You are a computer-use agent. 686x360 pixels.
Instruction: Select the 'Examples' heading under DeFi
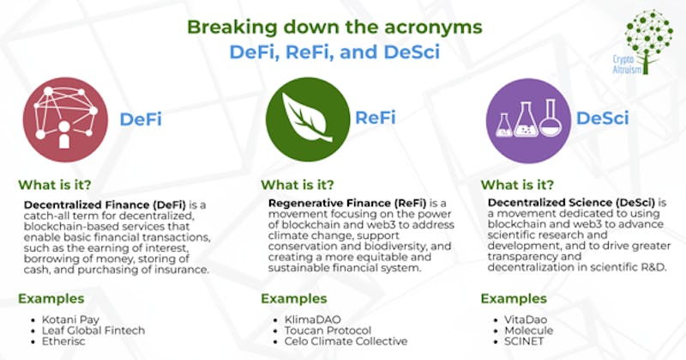pos(51,298)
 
